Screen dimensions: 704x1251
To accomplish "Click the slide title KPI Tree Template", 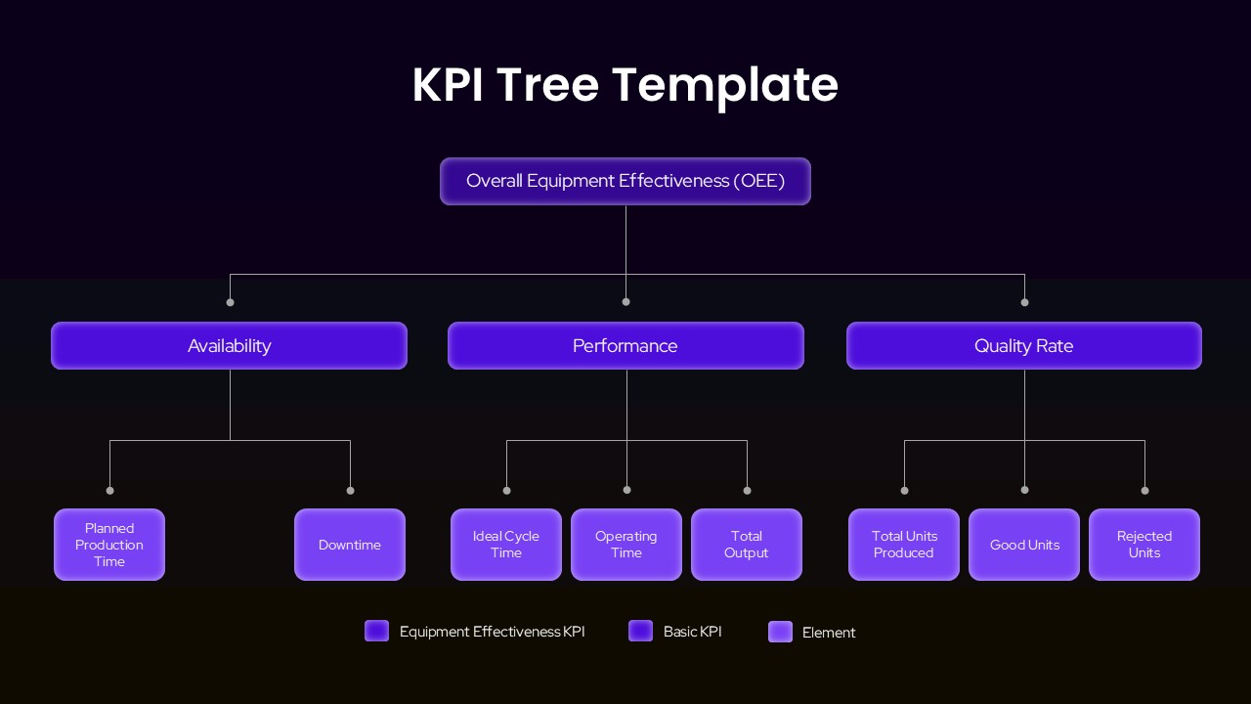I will pyautogui.click(x=625, y=84).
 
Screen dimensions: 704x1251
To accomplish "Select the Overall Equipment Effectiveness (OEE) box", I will pyautogui.click(x=625, y=181).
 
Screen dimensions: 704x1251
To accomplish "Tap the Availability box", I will pyautogui.click(x=229, y=345).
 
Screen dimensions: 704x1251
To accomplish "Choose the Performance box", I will pyautogui.click(x=625, y=345).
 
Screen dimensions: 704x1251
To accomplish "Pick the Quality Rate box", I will pyautogui.click(x=1023, y=345).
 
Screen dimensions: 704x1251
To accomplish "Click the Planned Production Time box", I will pyautogui.click(x=109, y=545).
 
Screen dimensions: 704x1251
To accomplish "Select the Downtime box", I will pyautogui.click(x=349, y=545).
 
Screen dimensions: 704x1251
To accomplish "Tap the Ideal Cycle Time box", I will pyautogui.click(x=506, y=545).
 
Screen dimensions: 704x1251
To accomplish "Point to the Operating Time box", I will pyautogui.click(x=626, y=545).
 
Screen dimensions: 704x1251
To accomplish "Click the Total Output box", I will pyautogui.click(x=747, y=545).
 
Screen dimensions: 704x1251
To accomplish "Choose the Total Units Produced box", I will pyautogui.click(x=904, y=545).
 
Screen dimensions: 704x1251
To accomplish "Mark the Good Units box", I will pyautogui.click(x=1024, y=545).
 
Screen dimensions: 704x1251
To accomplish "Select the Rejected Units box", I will pyautogui.click(x=1144, y=545).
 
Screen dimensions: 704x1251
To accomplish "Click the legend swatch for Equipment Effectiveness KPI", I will pyautogui.click(x=376, y=631).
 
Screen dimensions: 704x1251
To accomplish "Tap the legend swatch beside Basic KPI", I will pyautogui.click(x=640, y=631).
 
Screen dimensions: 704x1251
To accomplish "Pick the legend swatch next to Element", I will pyautogui.click(x=780, y=632).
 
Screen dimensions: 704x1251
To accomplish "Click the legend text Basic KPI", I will pyautogui.click(x=692, y=632).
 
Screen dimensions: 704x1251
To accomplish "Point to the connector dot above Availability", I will pyautogui.click(x=230, y=302).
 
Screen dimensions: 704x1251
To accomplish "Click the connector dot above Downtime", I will pyautogui.click(x=350, y=490).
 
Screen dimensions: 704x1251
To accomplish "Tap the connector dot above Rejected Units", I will pyautogui.click(x=1144, y=490).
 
